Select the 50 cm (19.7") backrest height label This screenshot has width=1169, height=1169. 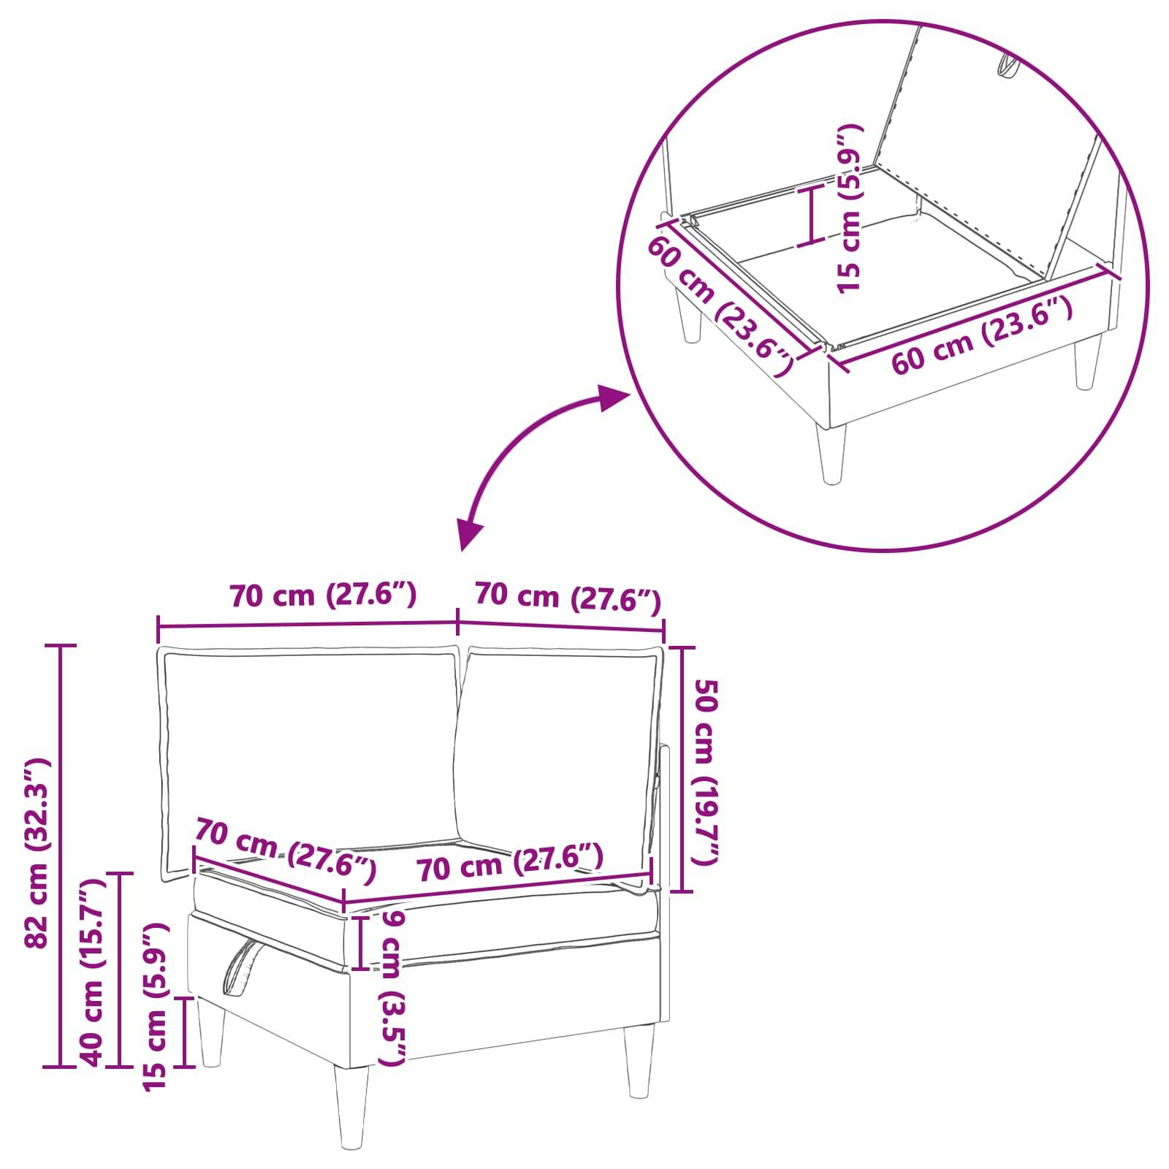707,771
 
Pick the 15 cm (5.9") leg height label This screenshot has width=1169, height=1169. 155,1008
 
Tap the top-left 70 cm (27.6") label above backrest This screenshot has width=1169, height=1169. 323,595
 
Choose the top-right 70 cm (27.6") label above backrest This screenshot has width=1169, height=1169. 568,597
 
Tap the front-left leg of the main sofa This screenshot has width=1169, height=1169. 352,1103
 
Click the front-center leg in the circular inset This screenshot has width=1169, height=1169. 831,452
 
